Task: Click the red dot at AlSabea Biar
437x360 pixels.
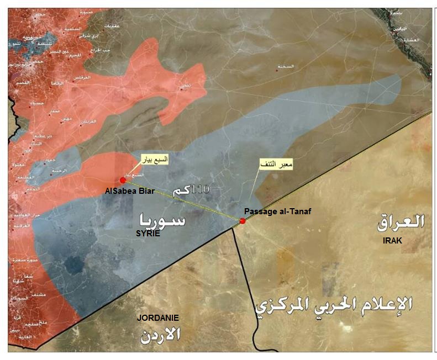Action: point(123,180)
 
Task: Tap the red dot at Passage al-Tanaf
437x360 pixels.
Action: point(243,221)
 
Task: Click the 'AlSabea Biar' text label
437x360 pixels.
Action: point(129,191)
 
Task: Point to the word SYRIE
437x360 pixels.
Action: point(148,234)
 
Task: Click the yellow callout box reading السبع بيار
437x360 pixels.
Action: point(155,160)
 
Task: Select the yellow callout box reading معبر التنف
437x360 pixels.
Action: point(276,165)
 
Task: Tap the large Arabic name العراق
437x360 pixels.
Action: point(401,223)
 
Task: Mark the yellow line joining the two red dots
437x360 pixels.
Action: point(182,200)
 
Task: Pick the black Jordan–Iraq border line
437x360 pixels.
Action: point(242,276)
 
